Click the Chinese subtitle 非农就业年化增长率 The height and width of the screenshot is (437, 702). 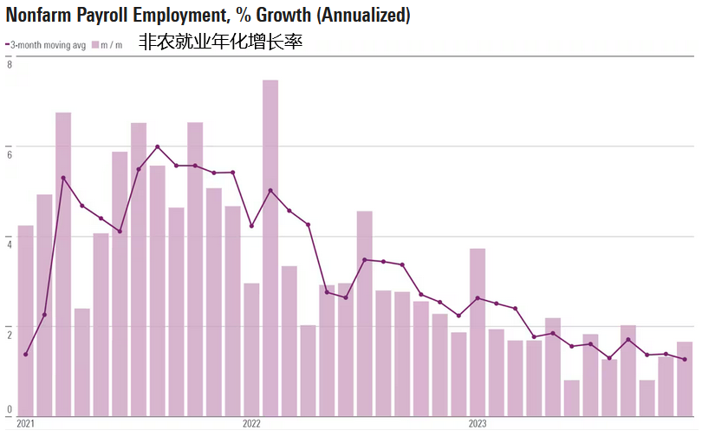(x=220, y=42)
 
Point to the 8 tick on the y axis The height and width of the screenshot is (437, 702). (x=9, y=64)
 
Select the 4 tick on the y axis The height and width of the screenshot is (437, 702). (x=9, y=242)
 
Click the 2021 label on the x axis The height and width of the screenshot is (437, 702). (x=25, y=423)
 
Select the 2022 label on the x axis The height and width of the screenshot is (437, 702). (x=251, y=423)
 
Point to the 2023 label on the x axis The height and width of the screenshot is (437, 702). (x=478, y=423)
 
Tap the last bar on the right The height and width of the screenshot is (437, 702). (x=685, y=378)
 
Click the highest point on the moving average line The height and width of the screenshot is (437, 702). (x=157, y=147)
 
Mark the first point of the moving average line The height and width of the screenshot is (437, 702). (x=26, y=354)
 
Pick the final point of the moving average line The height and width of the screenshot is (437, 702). (x=685, y=360)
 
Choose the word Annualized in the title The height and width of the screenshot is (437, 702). (x=364, y=15)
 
